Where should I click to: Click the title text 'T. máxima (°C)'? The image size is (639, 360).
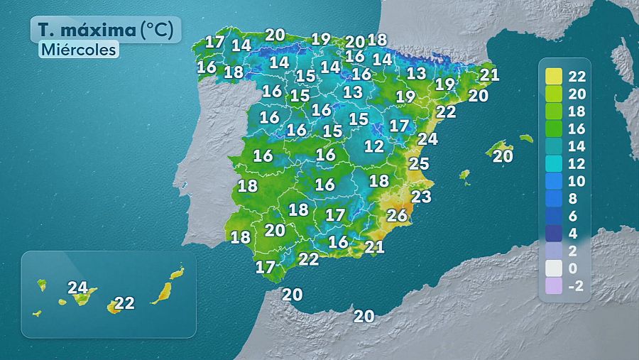pos(105,31)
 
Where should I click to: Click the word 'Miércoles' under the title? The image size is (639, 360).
pos(78,50)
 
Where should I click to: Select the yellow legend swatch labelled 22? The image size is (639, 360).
pos(555,76)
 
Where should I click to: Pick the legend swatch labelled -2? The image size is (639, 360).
pos(555,286)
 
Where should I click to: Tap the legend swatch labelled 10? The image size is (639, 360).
pos(555,181)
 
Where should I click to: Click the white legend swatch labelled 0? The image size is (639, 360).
pos(555,268)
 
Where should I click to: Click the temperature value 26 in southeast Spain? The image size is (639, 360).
pos(397,215)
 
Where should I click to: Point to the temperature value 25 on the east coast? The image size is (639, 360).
pos(419,164)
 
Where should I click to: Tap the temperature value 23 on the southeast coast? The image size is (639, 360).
pos(422,196)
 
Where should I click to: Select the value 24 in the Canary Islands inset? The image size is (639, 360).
pos(78,288)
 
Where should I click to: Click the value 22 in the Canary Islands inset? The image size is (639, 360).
pos(124,303)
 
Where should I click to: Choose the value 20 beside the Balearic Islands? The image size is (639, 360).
pos(503,156)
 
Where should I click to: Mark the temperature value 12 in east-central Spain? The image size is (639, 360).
pos(373,147)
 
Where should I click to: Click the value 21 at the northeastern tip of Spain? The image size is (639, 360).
pos(490,74)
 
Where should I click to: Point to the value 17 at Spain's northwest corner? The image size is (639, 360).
pos(215,42)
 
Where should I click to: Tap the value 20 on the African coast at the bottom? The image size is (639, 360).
pos(364,317)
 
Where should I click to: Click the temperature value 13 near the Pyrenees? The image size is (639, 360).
pos(416,73)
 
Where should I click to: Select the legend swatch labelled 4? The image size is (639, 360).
pos(555,234)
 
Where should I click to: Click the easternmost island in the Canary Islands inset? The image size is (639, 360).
pos(177,273)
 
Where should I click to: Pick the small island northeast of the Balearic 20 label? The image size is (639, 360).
pos(526,138)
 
